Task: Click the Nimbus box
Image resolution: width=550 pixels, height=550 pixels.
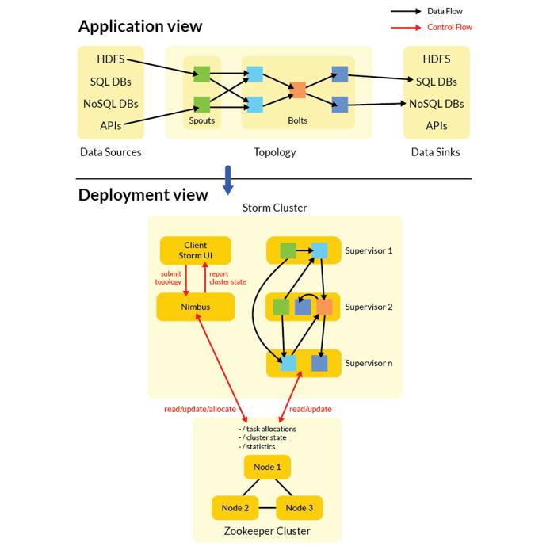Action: (195, 307)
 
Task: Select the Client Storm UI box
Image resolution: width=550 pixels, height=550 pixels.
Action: (195, 250)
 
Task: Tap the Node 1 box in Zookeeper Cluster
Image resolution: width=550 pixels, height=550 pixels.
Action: (267, 467)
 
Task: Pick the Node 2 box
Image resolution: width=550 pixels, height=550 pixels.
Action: (235, 508)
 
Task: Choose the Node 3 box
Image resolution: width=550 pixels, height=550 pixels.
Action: (300, 508)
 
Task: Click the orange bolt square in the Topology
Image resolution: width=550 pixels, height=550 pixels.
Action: (297, 90)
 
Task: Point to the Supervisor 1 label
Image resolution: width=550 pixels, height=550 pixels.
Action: (369, 250)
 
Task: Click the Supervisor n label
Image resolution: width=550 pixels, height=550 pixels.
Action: (369, 363)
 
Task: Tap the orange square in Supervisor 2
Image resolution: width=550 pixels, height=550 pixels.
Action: (324, 307)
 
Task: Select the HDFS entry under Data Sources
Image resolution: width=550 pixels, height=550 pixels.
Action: (110, 59)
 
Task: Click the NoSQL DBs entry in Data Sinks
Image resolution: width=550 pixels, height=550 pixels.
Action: (437, 104)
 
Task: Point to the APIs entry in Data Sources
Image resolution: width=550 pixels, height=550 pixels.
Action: (110, 126)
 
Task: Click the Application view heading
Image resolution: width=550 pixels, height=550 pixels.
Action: (140, 26)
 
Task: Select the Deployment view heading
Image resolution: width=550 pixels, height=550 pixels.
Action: (143, 195)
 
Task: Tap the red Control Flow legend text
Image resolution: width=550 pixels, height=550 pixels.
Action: (449, 27)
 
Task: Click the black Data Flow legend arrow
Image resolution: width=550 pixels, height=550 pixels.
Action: (405, 11)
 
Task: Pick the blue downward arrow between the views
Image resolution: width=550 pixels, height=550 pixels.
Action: (228, 180)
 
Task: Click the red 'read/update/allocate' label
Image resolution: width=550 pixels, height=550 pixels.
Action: (200, 409)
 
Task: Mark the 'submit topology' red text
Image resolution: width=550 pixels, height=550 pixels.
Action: (168, 277)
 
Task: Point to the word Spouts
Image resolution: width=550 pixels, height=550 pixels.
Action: (202, 120)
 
